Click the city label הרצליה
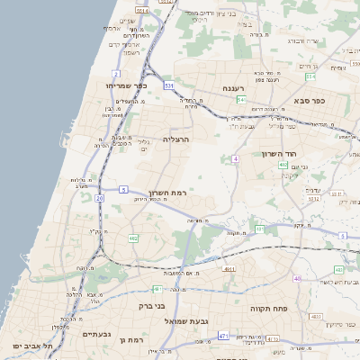tap(176, 139)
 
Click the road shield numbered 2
tap(116, 73)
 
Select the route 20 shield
tap(99, 197)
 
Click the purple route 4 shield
tap(235, 158)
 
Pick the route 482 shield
tap(132, 238)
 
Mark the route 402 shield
tap(283, 165)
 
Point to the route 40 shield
tap(297, 279)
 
